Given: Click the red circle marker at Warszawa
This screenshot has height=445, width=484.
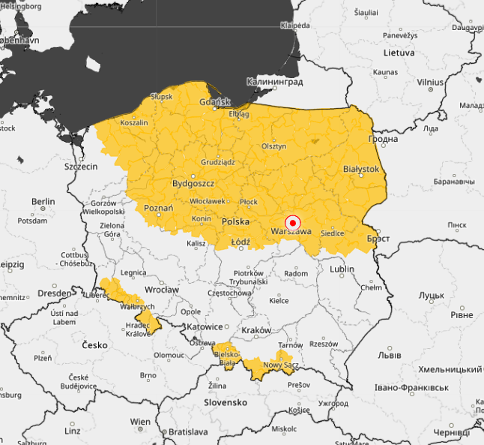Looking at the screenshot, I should pyautogui.click(x=293, y=223).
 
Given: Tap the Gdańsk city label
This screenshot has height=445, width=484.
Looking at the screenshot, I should pyautogui.click(x=214, y=102).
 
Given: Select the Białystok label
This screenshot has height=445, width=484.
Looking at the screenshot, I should pyautogui.click(x=360, y=170).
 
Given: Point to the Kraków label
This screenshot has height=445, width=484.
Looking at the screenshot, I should pyautogui.click(x=257, y=331).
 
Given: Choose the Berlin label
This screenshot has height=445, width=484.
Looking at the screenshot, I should pyautogui.click(x=43, y=202).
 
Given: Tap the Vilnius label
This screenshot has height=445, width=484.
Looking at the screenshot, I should pyautogui.click(x=431, y=82).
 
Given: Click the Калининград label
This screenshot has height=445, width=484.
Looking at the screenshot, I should pyautogui.click(x=275, y=81).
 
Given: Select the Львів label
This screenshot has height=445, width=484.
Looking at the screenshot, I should pyautogui.click(x=390, y=353).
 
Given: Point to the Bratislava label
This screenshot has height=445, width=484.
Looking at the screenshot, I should pyautogui.click(x=187, y=432).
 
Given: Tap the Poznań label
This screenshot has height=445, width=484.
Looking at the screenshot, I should pyautogui.click(x=158, y=208).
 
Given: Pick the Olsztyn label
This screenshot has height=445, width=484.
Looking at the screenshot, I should pyautogui.click(x=273, y=146).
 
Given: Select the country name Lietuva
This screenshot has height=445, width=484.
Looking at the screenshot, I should pyautogui.click(x=399, y=53).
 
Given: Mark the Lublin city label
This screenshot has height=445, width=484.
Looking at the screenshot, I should pyautogui.click(x=342, y=269).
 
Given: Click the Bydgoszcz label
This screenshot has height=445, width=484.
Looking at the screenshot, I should pyautogui.click(x=193, y=183).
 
